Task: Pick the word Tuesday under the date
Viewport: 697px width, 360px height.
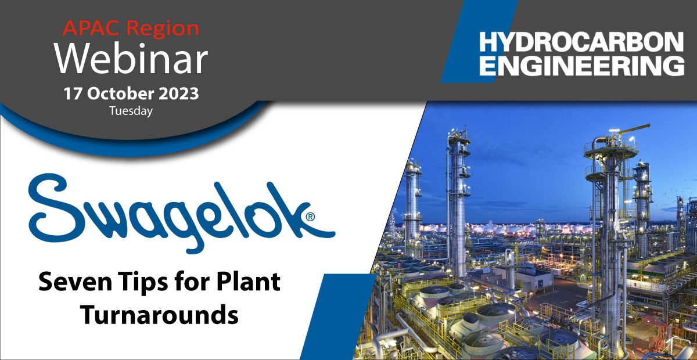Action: pyautogui.click(x=131, y=111)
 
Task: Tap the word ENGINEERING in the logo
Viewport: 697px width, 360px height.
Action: pyautogui.click(x=581, y=66)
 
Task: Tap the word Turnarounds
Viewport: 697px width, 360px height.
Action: pyautogui.click(x=159, y=315)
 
